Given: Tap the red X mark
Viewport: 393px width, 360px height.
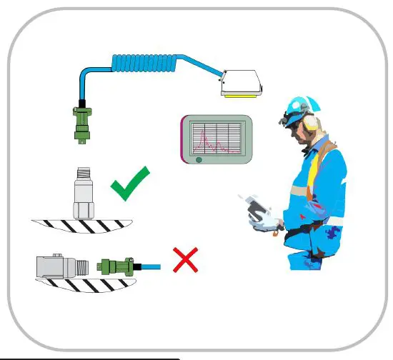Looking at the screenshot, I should pyautogui.click(x=186, y=260).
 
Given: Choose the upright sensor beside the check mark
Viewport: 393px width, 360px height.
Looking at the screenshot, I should pyautogui.click(x=84, y=196).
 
